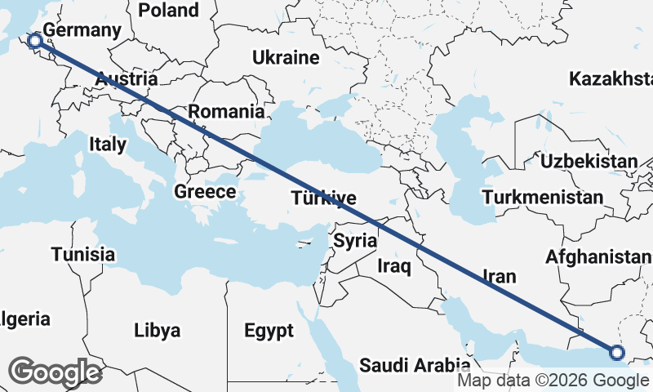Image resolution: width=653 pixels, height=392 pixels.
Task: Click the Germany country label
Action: pyautogui.click(x=82, y=30)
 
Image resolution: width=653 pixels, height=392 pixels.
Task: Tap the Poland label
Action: pyautogui.click(x=168, y=10)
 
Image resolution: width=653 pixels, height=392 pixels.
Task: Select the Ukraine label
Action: pyautogui.click(x=285, y=58)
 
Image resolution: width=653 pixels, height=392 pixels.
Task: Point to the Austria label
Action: pyautogui.click(x=126, y=80)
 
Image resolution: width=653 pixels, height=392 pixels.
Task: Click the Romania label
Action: pyautogui.click(x=226, y=112)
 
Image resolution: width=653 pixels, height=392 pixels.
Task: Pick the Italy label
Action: pyautogui.click(x=108, y=145)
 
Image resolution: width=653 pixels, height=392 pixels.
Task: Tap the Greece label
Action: pyautogui.click(x=205, y=192)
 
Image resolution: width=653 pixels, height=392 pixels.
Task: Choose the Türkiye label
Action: pyautogui.click(x=324, y=198)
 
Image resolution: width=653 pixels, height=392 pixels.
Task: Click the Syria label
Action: pyautogui.click(x=355, y=241)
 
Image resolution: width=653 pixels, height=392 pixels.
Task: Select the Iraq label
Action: pyautogui.click(x=394, y=265)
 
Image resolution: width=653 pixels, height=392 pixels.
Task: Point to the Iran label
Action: pyautogui.click(x=500, y=276)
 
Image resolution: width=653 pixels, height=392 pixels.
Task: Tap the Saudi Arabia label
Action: pyautogui.click(x=415, y=364)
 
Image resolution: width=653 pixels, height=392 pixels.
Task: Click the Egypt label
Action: pyautogui.click(x=269, y=331)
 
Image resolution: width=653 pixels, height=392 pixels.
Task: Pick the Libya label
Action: pyautogui.click(x=157, y=331)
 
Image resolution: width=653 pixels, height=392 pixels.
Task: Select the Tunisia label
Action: pyautogui.click(x=82, y=254)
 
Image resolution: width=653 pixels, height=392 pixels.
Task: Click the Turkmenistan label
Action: pyautogui.click(x=543, y=198)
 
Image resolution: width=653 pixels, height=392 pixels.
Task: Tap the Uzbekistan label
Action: pyautogui.click(x=589, y=161)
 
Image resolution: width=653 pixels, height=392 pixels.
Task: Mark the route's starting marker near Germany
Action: pyautogui.click(x=35, y=41)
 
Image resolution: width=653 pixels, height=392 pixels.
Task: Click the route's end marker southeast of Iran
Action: pyautogui.click(x=617, y=353)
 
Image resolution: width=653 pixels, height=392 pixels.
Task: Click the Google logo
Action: pyautogui.click(x=55, y=372)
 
